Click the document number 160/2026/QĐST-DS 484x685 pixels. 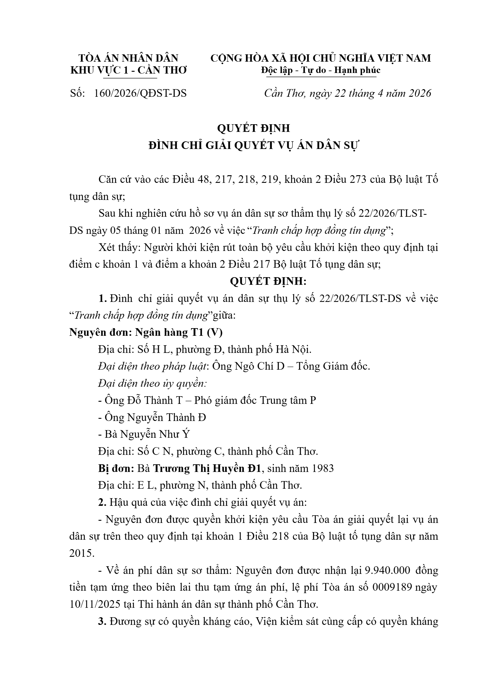tap(140, 93)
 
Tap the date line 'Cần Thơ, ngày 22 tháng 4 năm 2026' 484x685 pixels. tap(348, 93)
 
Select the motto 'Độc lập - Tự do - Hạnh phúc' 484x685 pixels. tap(321, 70)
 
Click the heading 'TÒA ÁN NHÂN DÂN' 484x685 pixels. tap(128, 58)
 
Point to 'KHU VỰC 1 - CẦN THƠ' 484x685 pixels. tap(128, 70)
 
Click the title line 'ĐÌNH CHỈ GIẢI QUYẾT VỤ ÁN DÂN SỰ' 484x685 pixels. tap(254, 145)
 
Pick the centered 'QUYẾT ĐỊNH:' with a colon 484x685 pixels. tap(268, 281)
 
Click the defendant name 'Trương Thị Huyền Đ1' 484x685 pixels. tap(207, 468)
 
